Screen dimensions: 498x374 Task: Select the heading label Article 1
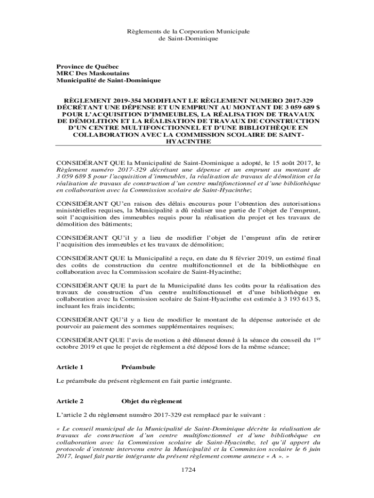pyautogui.click(x=70, y=367)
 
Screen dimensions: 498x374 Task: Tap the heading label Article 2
pyautogui.click(x=70, y=401)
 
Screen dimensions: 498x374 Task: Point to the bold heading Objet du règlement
pyautogui.click(x=151, y=401)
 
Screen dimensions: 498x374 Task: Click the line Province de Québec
pyautogui.click(x=87, y=66)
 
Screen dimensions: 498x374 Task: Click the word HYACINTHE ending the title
pyautogui.click(x=188, y=142)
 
